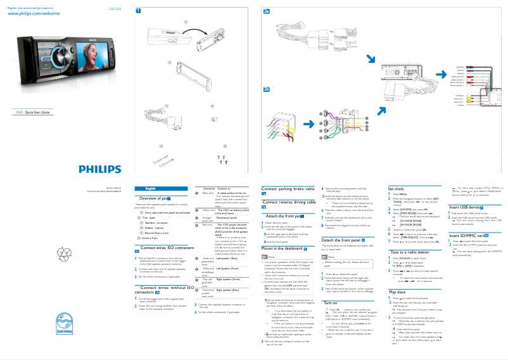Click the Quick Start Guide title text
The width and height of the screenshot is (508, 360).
(38, 112)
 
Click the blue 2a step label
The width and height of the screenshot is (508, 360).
(266, 11)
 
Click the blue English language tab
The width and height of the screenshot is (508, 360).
(150, 189)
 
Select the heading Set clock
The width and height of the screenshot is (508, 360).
(396, 189)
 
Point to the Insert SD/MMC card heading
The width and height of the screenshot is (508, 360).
(468, 235)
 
